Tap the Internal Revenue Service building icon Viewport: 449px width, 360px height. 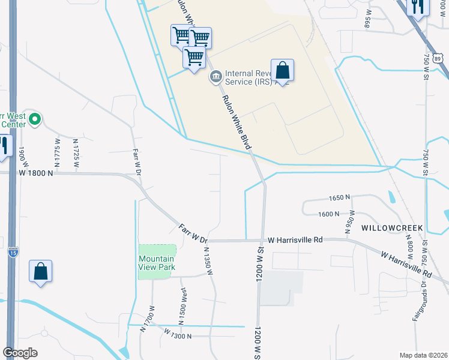pos(215,77)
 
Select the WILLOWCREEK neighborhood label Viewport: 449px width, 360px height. pos(392,229)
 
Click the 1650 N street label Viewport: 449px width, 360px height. pos(340,197)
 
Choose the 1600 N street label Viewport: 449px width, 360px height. pos(330,214)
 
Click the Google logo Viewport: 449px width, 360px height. pos(20,353)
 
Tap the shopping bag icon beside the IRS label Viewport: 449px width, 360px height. pos(282,70)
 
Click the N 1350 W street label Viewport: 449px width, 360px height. pos(209,262)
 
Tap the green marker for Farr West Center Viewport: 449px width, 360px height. pos(34,119)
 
